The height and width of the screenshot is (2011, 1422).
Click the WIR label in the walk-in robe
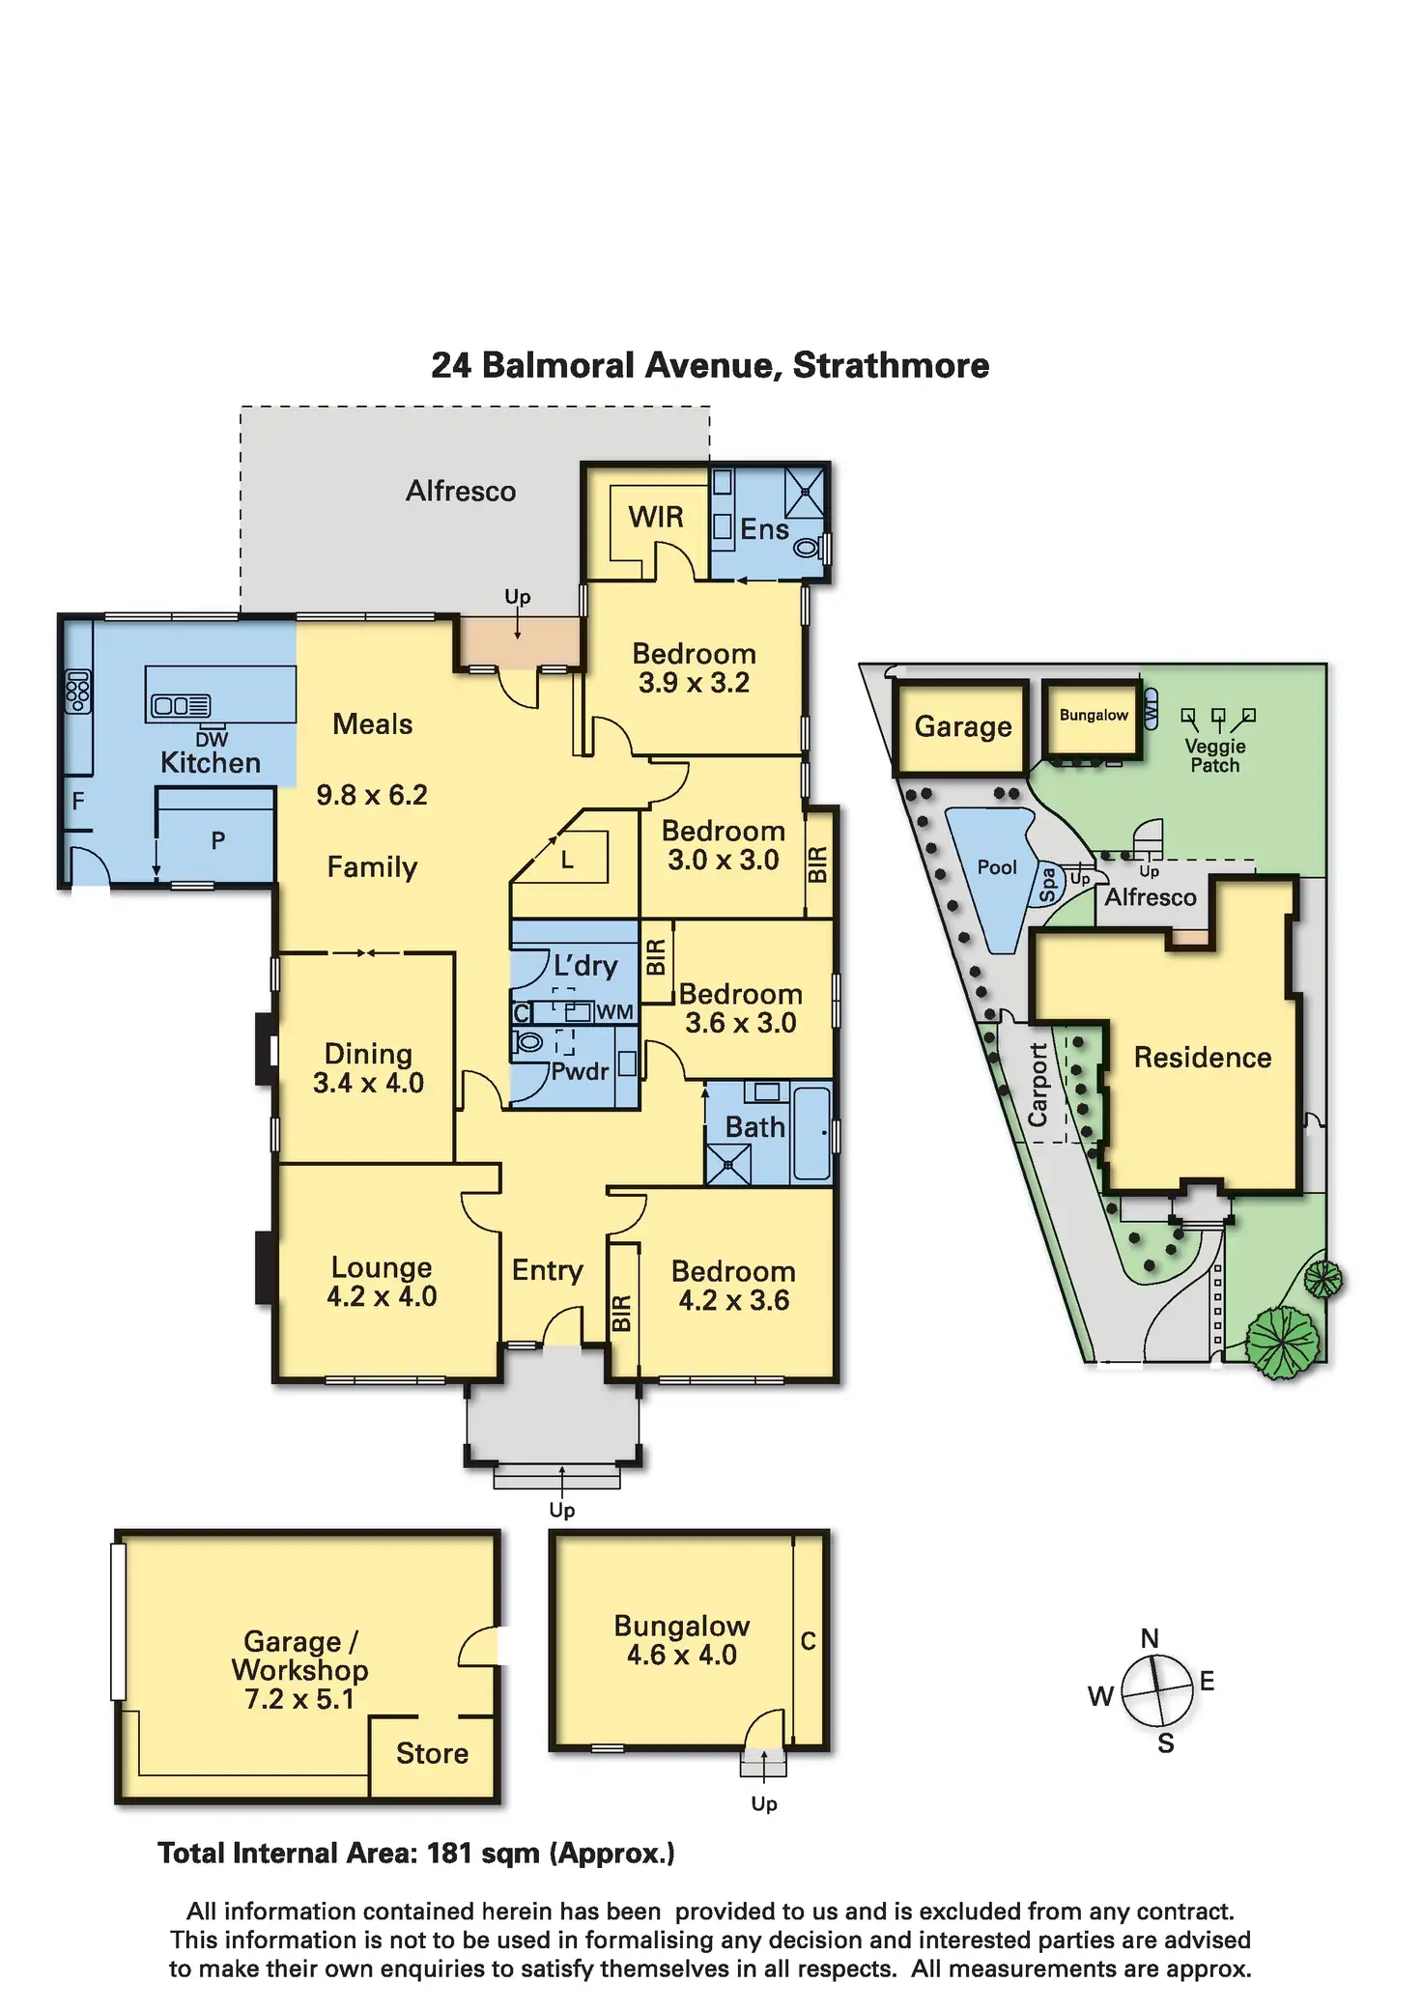coord(656,518)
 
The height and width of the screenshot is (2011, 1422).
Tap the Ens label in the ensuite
coord(764,529)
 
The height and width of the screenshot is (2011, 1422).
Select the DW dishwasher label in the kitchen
coord(212,740)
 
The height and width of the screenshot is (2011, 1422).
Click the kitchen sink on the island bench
coord(182,706)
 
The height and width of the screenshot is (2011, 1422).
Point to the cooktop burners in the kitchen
coord(78,692)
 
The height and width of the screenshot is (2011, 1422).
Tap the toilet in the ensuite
coord(807,548)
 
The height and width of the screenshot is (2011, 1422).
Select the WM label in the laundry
coord(614,1012)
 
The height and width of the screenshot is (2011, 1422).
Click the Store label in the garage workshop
coord(432,1753)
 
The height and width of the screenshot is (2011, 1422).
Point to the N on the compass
coord(1150,1638)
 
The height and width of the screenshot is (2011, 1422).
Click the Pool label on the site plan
coord(997,867)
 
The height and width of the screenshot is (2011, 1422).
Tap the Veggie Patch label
coord(1215,755)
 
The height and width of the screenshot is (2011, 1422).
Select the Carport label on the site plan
coord(1038,1085)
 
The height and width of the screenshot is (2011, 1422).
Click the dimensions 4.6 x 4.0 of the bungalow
coord(682,1656)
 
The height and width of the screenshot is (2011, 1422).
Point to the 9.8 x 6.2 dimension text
coord(372,795)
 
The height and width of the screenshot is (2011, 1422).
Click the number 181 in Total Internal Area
coord(448,1854)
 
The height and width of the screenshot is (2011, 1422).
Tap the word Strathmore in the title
coord(891,366)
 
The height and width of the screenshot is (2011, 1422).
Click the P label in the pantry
coord(218,840)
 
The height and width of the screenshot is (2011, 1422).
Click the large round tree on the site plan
coord(1282,1342)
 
